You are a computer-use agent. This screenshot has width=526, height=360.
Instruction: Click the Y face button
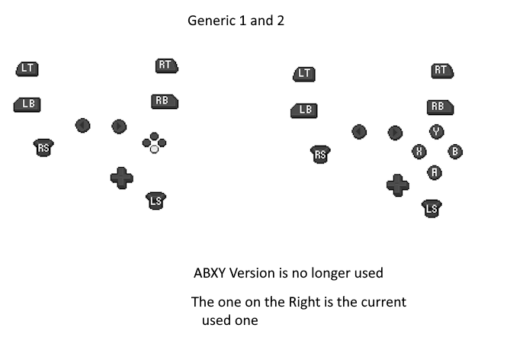(x=436, y=131)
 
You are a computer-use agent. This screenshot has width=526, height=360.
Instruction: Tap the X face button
(x=419, y=151)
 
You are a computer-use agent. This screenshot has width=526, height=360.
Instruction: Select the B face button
(x=455, y=151)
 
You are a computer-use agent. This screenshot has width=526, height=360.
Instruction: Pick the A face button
(x=435, y=172)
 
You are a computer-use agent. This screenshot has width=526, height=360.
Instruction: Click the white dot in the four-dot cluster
(x=154, y=149)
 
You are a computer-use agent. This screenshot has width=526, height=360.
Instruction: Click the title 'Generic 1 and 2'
(x=236, y=21)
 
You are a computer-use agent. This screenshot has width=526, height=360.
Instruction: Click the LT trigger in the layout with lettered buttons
(x=304, y=73)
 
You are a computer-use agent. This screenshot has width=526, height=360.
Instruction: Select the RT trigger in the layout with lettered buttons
(x=441, y=71)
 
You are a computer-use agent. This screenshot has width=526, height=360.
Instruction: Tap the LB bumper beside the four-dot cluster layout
(x=27, y=104)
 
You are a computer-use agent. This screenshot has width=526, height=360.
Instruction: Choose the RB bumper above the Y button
(x=440, y=107)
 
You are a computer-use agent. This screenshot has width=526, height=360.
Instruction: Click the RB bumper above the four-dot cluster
(x=164, y=101)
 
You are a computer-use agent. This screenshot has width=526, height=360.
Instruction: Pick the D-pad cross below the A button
(x=397, y=184)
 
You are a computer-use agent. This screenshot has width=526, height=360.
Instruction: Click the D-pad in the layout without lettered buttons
(x=121, y=178)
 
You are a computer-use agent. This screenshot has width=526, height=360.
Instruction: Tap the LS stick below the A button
(x=431, y=207)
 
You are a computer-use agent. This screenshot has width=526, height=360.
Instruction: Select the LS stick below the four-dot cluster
(x=156, y=201)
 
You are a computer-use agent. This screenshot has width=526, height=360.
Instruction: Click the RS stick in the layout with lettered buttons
(x=321, y=155)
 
